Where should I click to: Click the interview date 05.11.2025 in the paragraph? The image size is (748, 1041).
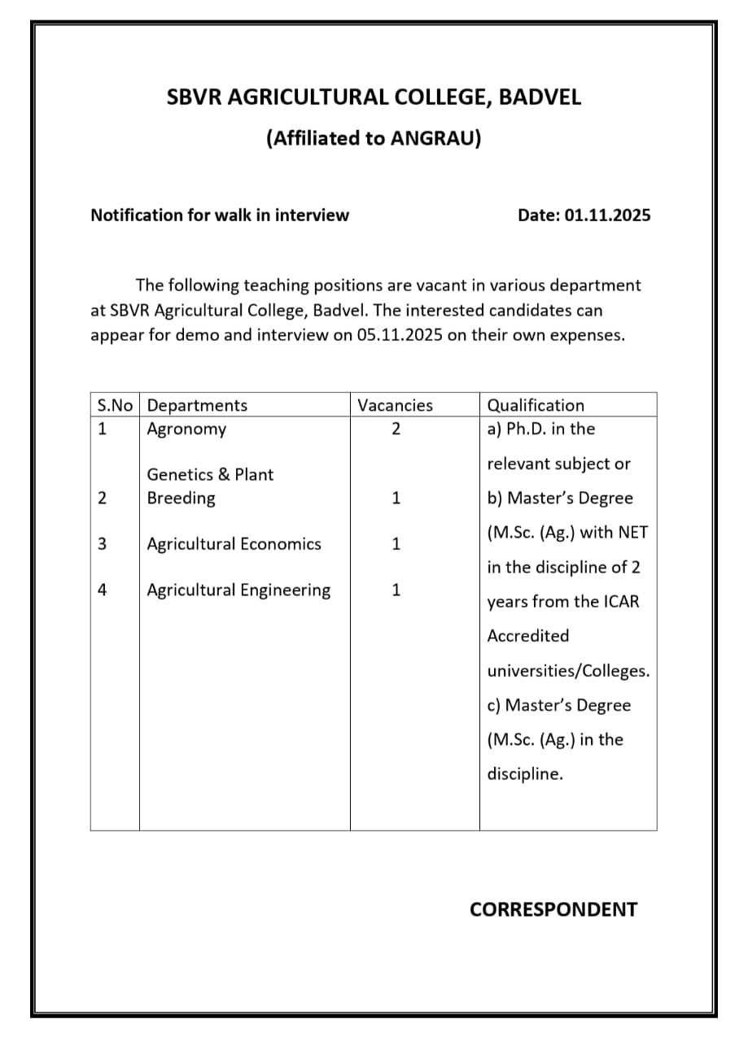click(399, 336)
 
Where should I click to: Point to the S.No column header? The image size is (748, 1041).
click(115, 405)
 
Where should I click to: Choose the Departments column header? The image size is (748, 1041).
click(197, 405)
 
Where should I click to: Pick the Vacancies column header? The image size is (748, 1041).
click(396, 405)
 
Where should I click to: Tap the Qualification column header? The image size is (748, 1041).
click(536, 405)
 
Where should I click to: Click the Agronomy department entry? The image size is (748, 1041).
click(186, 429)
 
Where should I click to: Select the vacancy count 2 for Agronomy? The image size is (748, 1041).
click(396, 429)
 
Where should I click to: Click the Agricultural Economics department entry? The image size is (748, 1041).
click(234, 544)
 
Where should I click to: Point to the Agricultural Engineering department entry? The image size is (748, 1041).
click(238, 590)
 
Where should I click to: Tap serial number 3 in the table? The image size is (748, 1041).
click(102, 544)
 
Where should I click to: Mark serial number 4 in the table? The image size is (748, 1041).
click(102, 590)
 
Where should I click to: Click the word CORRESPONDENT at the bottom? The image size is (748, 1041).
click(553, 909)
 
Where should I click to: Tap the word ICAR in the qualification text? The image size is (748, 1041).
click(621, 602)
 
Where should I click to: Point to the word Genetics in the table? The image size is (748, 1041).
click(179, 475)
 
